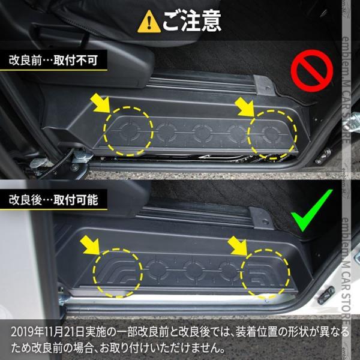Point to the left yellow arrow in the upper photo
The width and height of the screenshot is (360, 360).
click(100, 103)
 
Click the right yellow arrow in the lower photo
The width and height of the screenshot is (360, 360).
click(235, 247)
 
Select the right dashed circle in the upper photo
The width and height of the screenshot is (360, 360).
click(271, 134)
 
